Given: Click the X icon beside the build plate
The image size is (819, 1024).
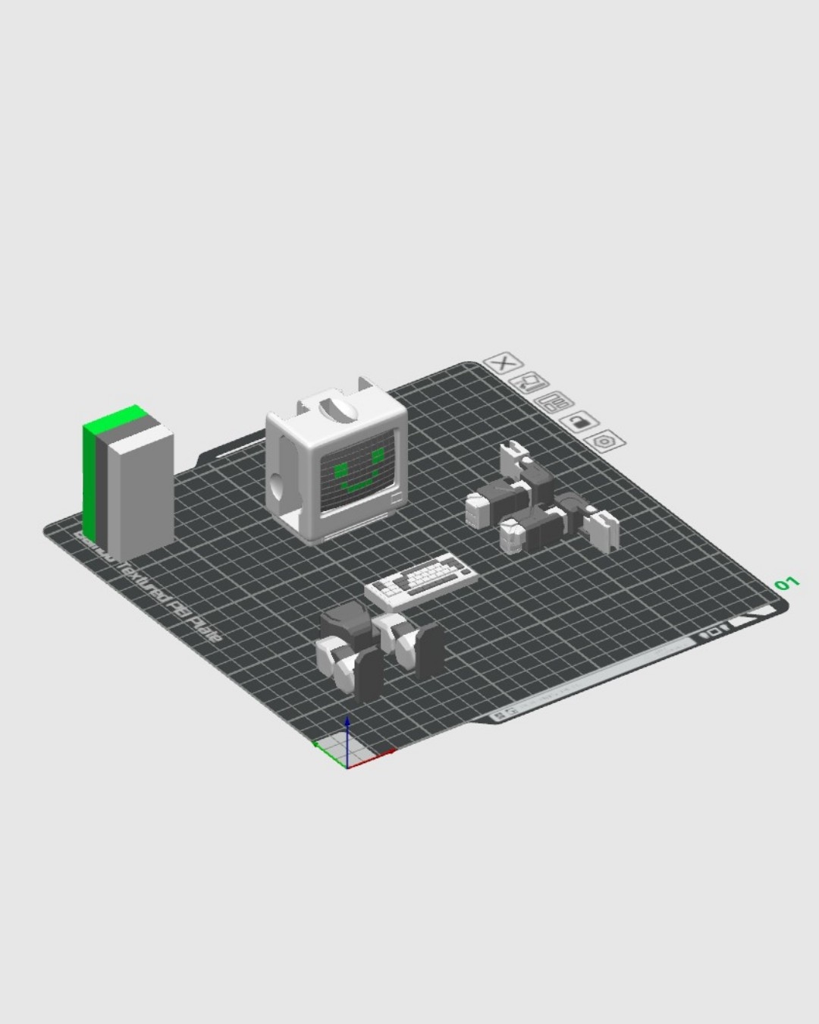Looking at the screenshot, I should pos(501,363).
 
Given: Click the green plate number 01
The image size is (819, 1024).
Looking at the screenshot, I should pos(786,583).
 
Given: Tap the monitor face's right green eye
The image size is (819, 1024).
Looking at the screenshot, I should pos(377,454).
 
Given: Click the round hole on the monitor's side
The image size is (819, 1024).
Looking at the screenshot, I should pos(278,482).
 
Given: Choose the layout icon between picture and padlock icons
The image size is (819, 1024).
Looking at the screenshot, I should pos(554,402).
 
